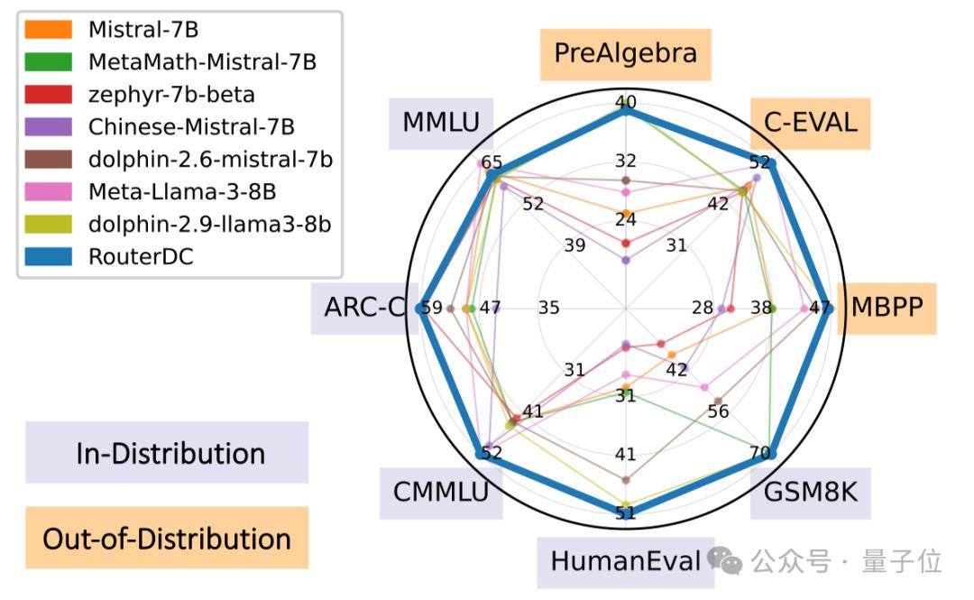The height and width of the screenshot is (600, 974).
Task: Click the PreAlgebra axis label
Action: coord(625,53)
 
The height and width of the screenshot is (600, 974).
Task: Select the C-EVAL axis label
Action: coord(810,122)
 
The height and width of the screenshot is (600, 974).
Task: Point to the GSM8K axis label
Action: coord(810,493)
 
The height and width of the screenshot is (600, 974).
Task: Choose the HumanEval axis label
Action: coord(625,561)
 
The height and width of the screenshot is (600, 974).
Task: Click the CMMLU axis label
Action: coord(440,493)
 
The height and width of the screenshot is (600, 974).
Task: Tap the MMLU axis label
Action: coord(441,122)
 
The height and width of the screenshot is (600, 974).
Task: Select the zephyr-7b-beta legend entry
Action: coord(171,94)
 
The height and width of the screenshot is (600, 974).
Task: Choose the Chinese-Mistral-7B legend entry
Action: coord(191,126)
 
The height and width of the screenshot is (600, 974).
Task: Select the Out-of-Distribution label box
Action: coord(167,539)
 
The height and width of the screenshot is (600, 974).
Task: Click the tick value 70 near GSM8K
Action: coord(759,452)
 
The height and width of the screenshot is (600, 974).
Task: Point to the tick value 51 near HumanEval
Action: coord(625,513)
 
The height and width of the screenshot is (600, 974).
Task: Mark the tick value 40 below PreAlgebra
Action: coord(625,102)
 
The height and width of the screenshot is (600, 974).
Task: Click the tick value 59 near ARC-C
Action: coord(432,308)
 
